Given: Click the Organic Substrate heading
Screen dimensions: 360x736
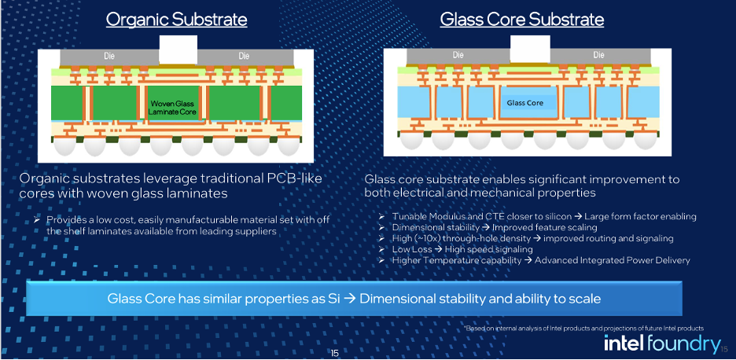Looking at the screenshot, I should coord(177,20).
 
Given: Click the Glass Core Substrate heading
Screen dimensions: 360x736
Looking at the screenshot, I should coord(521,20).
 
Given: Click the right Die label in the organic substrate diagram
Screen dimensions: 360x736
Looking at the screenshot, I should coord(244,56).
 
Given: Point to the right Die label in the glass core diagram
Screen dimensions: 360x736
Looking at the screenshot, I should coord(598,55).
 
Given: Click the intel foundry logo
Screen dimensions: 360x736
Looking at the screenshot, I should coord(661,343).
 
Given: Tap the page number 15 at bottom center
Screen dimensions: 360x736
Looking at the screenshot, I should coord(334,353).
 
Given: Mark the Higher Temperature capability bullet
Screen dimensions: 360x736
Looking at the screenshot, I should coord(540,259).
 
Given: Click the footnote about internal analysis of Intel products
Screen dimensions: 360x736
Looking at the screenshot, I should coord(583,327).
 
